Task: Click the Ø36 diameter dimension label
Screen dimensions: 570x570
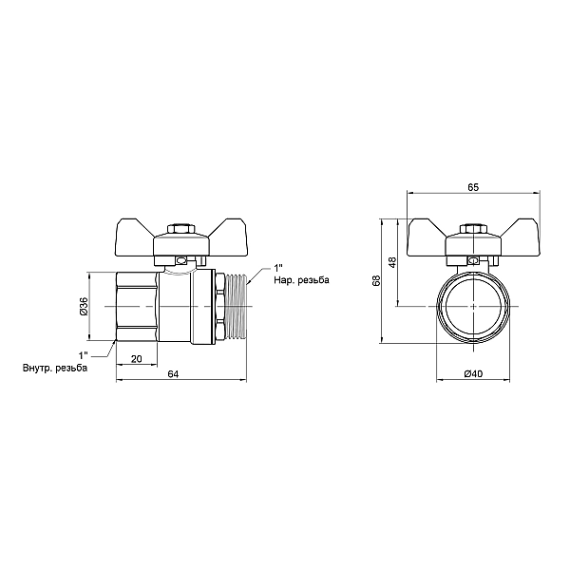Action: point(84,306)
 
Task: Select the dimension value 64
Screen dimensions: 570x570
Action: point(173,373)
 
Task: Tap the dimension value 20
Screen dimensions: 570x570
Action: point(136,359)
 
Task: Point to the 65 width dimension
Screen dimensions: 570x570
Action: point(473,187)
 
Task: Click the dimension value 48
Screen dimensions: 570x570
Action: point(392,262)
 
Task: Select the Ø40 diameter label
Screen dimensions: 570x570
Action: point(473,373)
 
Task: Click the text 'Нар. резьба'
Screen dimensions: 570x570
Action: point(302,280)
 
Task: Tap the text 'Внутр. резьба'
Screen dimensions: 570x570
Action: point(55,368)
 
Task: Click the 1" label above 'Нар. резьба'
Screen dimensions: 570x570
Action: point(278,269)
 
